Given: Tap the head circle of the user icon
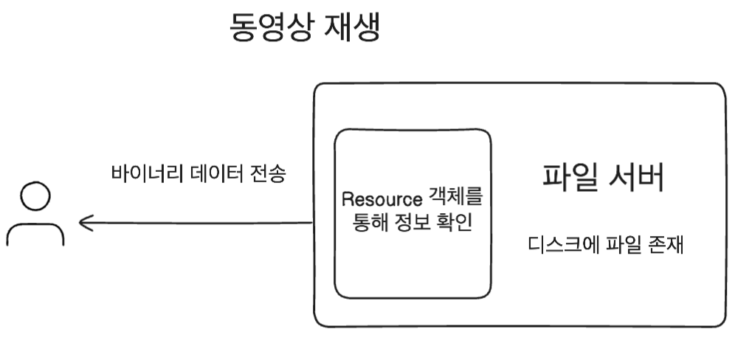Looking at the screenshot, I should (x=35, y=198).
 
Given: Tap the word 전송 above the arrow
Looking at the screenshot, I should (x=267, y=175).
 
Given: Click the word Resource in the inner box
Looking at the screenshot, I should (x=382, y=200).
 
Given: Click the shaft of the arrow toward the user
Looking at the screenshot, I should (x=199, y=223).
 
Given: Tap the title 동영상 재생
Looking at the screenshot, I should (x=306, y=29).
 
